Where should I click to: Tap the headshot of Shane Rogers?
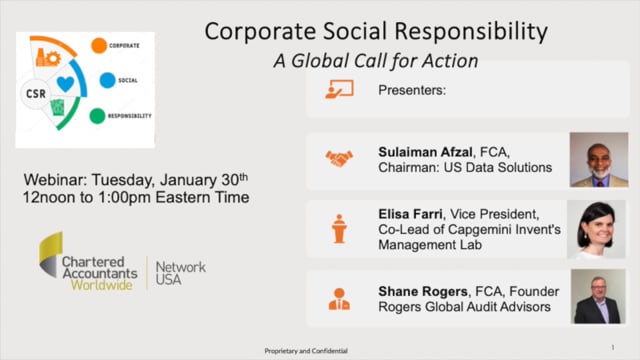597,298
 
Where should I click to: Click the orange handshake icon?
339,158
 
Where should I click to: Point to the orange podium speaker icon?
339,228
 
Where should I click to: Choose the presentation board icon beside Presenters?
339,89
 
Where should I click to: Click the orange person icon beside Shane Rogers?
339,298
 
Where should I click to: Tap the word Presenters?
411,89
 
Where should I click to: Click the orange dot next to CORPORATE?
99,45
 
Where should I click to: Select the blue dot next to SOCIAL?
107,80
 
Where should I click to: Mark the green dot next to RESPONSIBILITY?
97,115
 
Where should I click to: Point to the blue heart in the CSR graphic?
65,84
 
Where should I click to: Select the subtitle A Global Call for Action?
376,61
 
